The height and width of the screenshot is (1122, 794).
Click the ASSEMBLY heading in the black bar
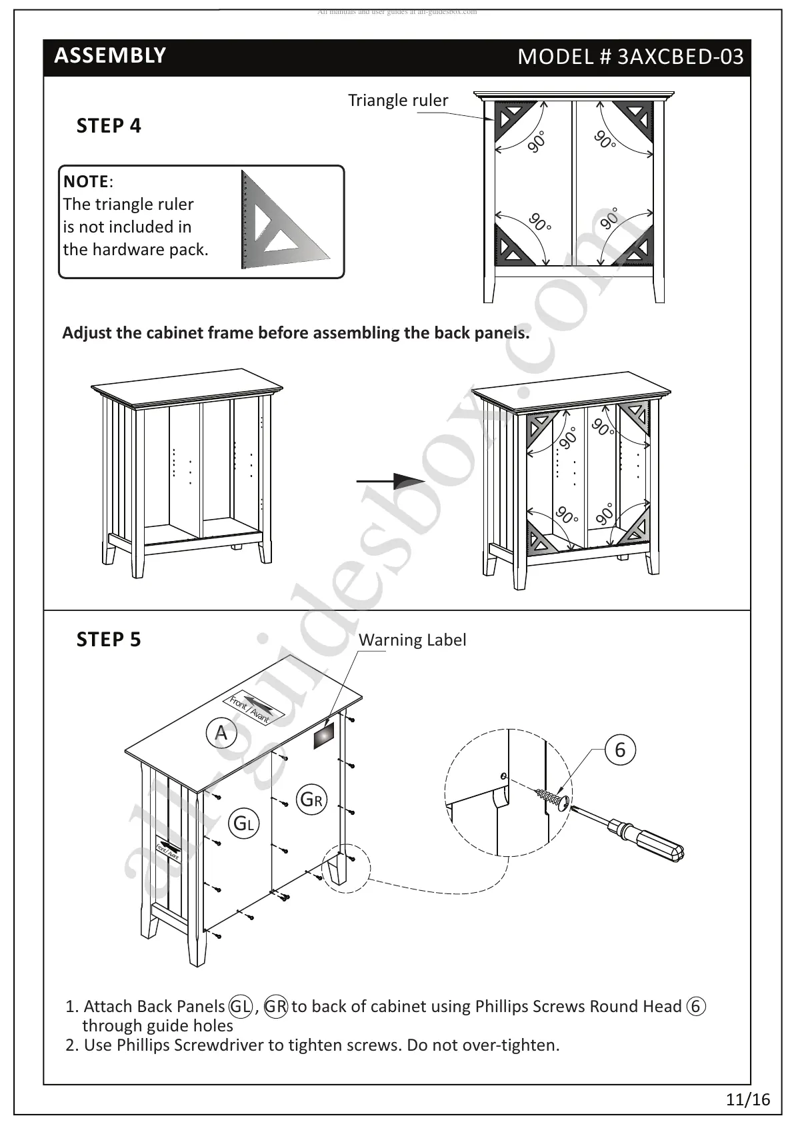click(x=110, y=55)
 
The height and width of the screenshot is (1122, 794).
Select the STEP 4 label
click(x=109, y=126)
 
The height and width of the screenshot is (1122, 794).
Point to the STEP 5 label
click(x=109, y=640)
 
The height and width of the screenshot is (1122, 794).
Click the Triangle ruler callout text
click(x=398, y=101)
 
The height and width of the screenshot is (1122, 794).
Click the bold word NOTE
click(x=86, y=181)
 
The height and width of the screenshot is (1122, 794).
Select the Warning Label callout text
click(x=412, y=640)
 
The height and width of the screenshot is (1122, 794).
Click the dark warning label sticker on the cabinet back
click(x=325, y=736)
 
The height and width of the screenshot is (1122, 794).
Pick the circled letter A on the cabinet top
click(x=221, y=734)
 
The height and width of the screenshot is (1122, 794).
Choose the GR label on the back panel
click(x=312, y=800)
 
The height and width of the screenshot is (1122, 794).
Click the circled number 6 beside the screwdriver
click(x=620, y=750)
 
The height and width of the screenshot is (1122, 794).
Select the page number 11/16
click(x=748, y=1099)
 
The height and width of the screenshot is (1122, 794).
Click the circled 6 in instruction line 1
click(x=695, y=1006)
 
